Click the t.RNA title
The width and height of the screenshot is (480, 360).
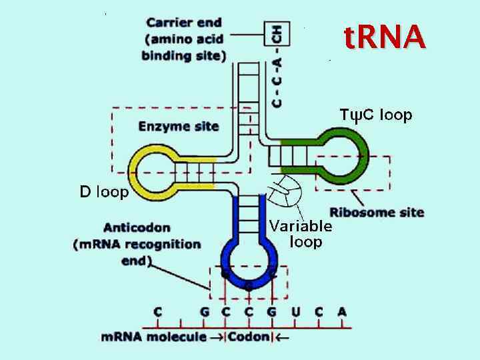coord(385,38)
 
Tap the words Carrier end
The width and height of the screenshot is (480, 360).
coord(183,22)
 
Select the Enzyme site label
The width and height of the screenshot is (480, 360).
coord(178,126)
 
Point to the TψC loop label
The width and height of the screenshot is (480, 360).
coord(376,115)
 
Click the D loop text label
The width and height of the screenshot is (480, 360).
coord(104,193)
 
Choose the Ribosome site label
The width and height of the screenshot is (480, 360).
coord(377,213)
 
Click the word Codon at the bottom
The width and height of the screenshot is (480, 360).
coord(249,337)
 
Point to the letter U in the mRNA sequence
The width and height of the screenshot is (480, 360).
coord(296,311)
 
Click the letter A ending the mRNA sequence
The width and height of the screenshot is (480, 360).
coord(342,311)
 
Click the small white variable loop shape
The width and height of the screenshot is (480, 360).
coord(288,193)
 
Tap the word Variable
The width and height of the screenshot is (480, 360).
coord(300,225)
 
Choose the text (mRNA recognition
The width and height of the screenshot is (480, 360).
coord(137,244)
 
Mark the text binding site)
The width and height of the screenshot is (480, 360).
coord(183,55)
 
